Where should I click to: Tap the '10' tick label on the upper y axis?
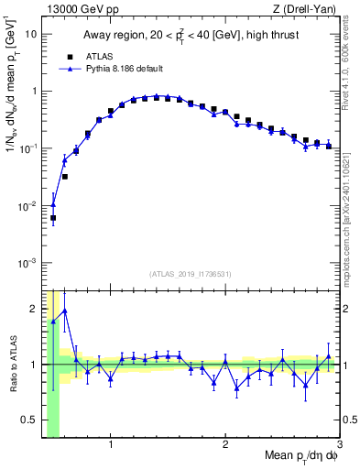point(29,34)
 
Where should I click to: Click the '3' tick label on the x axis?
point(340,445)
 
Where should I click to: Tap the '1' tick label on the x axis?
point(111,445)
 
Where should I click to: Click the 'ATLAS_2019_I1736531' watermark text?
point(190,274)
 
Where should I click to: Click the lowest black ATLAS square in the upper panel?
point(53,218)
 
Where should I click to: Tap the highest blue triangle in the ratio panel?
point(64,311)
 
